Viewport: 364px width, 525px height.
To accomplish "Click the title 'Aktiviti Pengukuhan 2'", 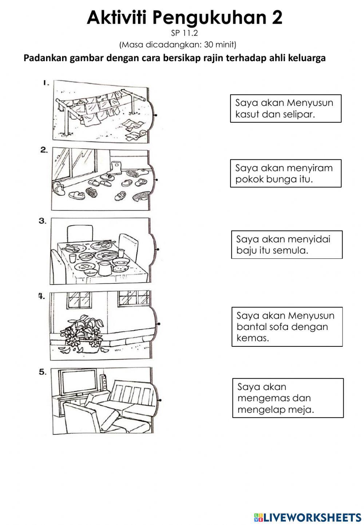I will click(x=184, y=17).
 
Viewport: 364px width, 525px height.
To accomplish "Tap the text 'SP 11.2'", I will click(x=184, y=33).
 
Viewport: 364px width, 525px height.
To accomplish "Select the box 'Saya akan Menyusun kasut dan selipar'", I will click(x=285, y=108).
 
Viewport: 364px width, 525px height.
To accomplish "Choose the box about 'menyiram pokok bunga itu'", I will click(x=285, y=174).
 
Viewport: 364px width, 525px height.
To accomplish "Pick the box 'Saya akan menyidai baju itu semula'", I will click(x=286, y=244).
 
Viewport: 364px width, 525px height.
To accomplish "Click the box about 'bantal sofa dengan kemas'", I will click(x=287, y=326).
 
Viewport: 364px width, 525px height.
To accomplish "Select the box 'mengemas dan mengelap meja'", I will click(x=288, y=398).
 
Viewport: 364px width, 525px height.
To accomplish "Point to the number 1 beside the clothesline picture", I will click(x=45, y=83).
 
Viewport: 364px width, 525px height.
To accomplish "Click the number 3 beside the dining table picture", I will click(x=43, y=221).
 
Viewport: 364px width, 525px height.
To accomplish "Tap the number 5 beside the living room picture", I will click(x=43, y=372).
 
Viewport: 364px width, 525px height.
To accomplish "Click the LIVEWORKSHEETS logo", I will click(x=306, y=517).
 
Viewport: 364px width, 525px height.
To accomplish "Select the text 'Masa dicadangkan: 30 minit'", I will click(x=178, y=45).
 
